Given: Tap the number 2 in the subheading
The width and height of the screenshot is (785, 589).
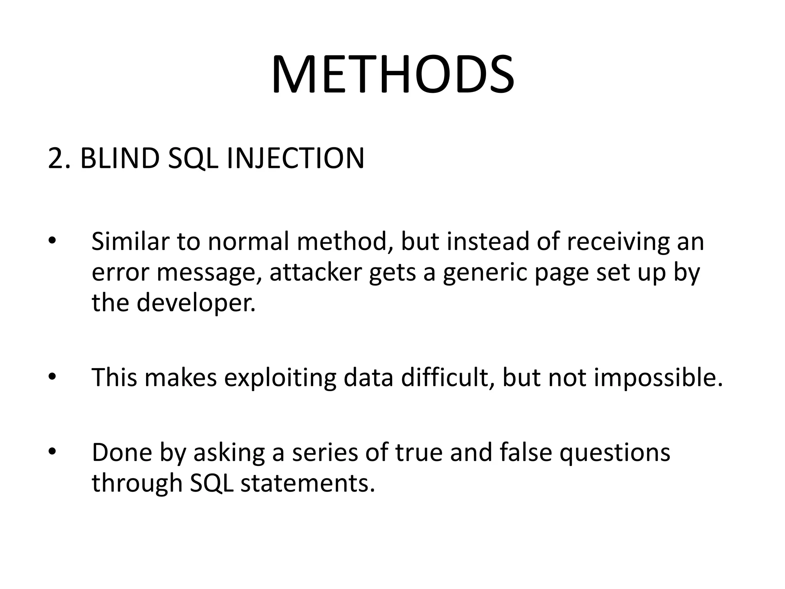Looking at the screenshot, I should tap(56, 158).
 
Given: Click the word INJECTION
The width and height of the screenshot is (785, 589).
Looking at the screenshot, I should tap(295, 158).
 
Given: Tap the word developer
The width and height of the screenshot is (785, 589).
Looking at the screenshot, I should tap(196, 303).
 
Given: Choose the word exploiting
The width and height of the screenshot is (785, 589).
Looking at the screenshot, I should tap(280, 378).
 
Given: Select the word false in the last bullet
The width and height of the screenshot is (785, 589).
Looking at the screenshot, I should tap(526, 452).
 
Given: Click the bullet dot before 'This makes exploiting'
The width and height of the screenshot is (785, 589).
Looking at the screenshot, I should tap(52, 376).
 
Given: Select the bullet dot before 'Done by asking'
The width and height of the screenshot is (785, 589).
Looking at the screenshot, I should tap(52, 451).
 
